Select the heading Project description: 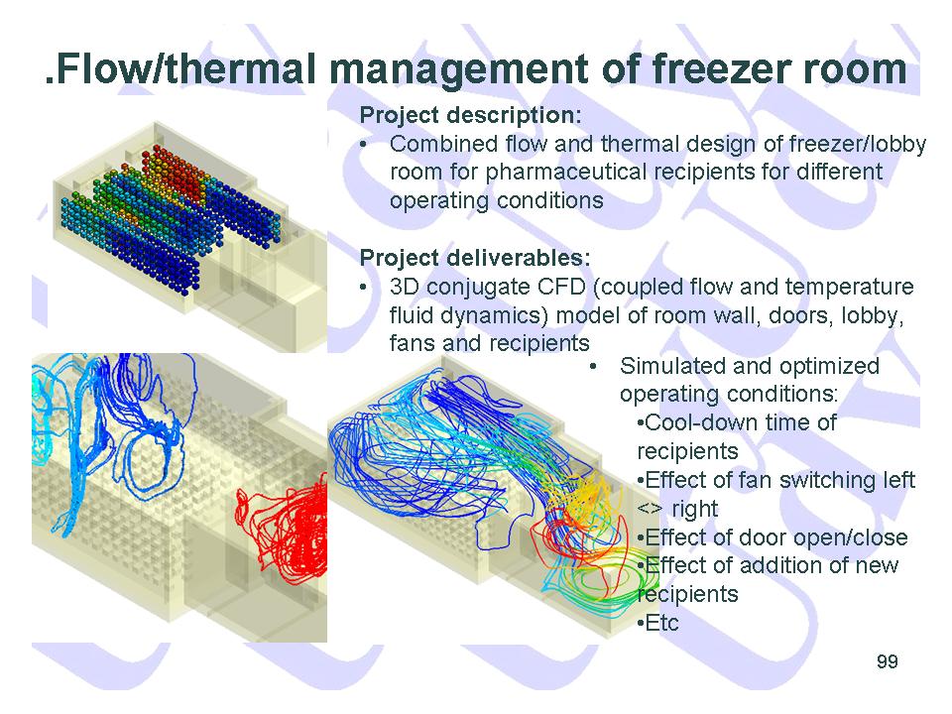[x=470, y=115]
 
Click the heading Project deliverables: [x=475, y=258]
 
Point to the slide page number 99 [x=887, y=661]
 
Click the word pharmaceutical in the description [x=566, y=173]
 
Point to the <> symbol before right [x=650, y=509]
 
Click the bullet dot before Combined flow [x=364, y=145]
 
